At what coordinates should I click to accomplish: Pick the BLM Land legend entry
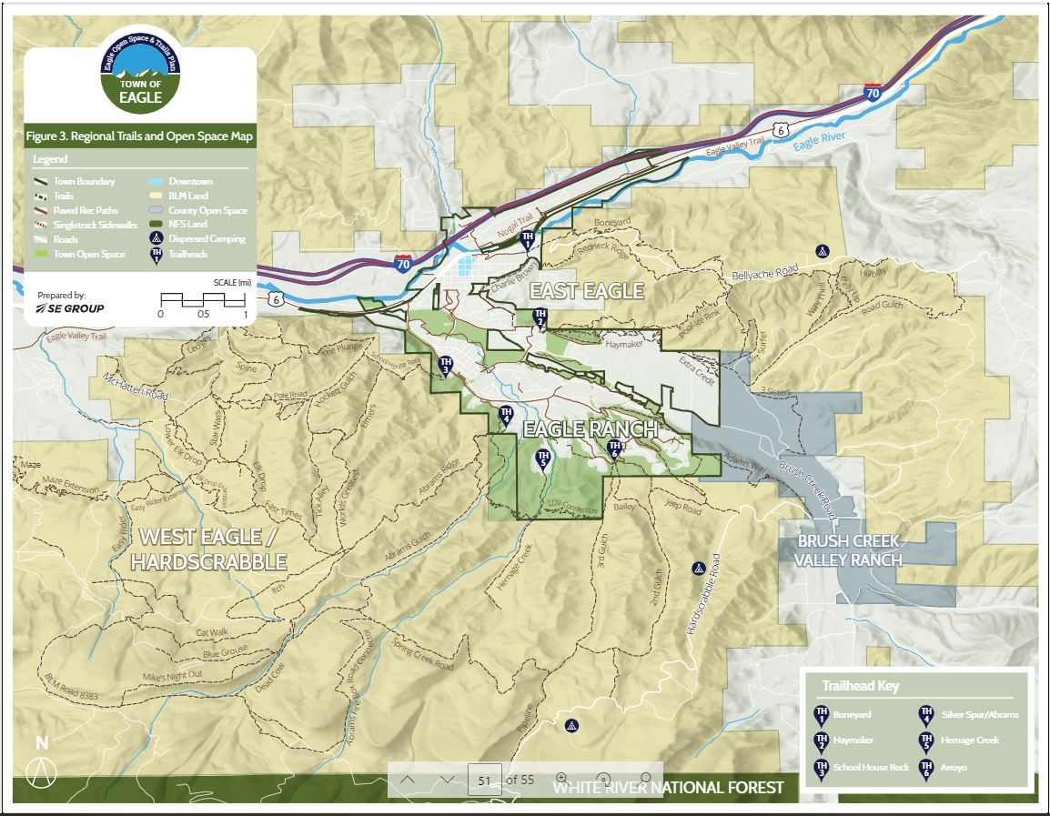pos(187,196)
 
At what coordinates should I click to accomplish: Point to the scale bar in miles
pos(203,300)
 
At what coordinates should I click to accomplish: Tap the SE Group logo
pos(70,308)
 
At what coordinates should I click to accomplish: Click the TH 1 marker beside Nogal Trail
pos(527,240)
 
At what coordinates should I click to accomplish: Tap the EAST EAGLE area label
pos(586,291)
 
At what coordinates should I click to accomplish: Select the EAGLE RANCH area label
pos(590,428)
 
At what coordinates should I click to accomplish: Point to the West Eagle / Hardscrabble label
pos(208,549)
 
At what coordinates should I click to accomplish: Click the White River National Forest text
pos(668,788)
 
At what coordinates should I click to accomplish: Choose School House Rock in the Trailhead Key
pos(870,768)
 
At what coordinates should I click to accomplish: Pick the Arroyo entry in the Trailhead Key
pos(954,768)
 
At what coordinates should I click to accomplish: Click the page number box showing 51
pos(484,781)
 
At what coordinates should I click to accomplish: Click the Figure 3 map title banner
pos(139,136)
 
